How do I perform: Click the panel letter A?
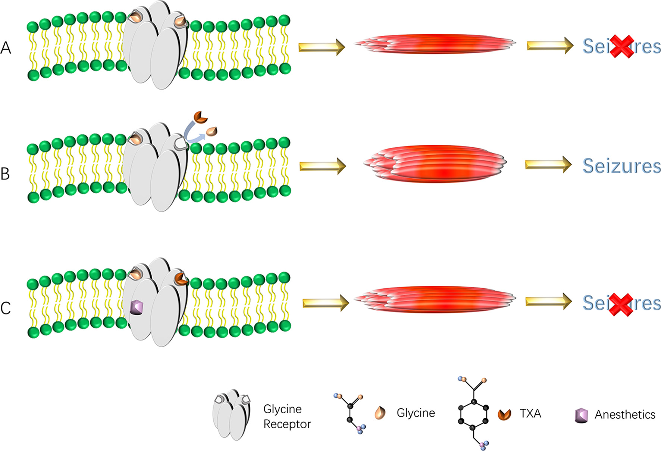coord(6,48)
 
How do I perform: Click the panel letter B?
coord(5,173)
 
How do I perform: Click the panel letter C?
coord(6,308)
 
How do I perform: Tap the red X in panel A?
coord(621,47)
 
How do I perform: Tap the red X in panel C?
coord(621,304)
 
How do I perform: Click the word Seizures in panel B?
coord(622,166)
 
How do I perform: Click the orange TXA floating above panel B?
coord(200,117)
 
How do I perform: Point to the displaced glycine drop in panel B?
coord(212,131)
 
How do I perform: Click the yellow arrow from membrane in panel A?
coord(322,47)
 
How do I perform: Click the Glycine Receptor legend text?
coord(286,416)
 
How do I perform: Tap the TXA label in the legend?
coord(530,413)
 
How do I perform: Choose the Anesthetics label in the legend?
coord(625,414)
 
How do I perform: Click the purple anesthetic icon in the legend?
coord(581,415)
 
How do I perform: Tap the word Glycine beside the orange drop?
coord(416,413)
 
